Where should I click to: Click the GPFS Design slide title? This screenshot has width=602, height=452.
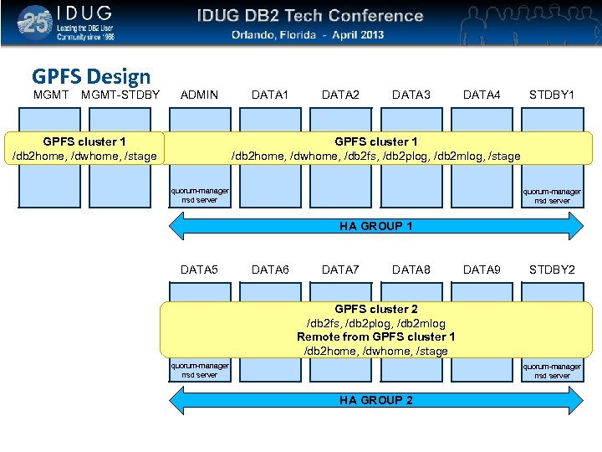tap(91, 77)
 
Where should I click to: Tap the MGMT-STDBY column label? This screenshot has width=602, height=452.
tap(120, 95)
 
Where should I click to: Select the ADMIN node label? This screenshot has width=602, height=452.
tap(200, 95)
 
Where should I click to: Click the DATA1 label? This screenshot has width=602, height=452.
tap(270, 95)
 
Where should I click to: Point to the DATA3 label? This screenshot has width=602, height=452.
tap(411, 95)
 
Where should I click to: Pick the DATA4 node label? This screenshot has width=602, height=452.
tap(482, 95)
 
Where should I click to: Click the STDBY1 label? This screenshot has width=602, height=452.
tap(552, 95)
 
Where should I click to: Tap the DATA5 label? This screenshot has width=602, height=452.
tap(200, 270)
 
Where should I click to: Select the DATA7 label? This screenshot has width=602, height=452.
tap(340, 270)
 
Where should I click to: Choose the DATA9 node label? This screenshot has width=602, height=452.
tap(482, 270)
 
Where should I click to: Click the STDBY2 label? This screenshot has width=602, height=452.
tap(552, 270)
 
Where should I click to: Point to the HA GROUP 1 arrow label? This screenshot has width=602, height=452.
tap(375, 226)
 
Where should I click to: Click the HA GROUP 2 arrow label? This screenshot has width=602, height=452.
tap(375, 400)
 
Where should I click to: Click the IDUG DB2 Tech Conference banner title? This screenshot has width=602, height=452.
tap(310, 16)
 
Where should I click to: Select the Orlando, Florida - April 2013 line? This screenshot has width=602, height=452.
tap(308, 35)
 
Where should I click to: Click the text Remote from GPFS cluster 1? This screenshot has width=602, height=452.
tap(375, 336)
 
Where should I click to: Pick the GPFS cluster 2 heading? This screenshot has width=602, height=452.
tap(375, 309)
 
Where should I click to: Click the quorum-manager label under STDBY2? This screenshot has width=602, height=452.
tap(552, 366)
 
